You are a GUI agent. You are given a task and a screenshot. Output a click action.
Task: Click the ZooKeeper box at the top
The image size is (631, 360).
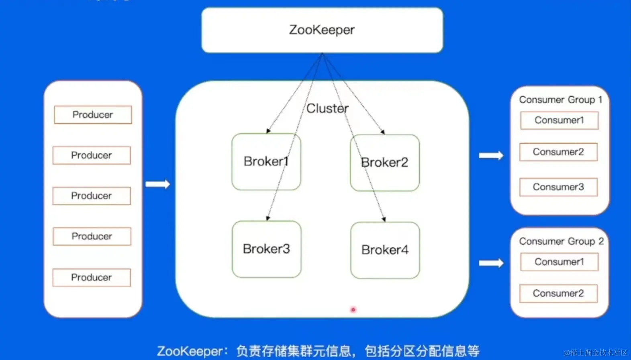click(322, 30)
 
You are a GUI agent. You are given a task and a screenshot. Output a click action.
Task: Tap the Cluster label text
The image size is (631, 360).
click(327, 108)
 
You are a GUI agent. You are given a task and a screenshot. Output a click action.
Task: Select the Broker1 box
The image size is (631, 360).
click(266, 161)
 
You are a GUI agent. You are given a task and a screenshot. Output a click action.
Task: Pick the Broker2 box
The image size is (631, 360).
click(384, 163)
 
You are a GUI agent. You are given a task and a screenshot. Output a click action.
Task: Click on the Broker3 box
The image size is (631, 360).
click(266, 249)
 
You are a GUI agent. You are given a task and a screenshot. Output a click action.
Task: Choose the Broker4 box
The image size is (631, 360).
click(385, 250)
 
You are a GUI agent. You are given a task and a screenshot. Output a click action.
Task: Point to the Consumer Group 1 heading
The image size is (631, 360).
click(560, 100)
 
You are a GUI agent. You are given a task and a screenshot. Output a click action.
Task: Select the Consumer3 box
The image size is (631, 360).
click(558, 187)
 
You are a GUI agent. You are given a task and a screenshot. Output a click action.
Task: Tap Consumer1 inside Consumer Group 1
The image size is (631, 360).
click(559, 120)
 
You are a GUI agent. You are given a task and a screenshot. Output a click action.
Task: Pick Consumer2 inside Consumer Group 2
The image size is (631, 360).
click(558, 293)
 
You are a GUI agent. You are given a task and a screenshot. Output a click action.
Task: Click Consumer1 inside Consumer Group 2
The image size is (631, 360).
click(559, 262)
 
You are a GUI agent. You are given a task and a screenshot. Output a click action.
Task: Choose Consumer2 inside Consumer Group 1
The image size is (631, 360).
click(558, 152)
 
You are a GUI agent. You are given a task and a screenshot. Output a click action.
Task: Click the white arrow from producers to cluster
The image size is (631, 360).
click(158, 184)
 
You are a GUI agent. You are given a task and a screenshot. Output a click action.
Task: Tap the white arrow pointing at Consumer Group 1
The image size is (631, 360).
click(491, 155)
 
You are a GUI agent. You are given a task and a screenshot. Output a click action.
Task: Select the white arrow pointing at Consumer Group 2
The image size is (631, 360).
click(491, 263)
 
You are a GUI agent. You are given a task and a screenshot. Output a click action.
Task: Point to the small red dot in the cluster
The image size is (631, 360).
click(353, 310)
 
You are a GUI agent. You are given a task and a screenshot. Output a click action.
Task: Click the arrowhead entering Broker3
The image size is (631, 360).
click(268, 218)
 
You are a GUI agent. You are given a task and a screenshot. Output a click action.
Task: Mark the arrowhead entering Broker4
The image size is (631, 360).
click(384, 219)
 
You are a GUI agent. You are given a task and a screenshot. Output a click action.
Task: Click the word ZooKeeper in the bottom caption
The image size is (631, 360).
click(190, 351)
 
